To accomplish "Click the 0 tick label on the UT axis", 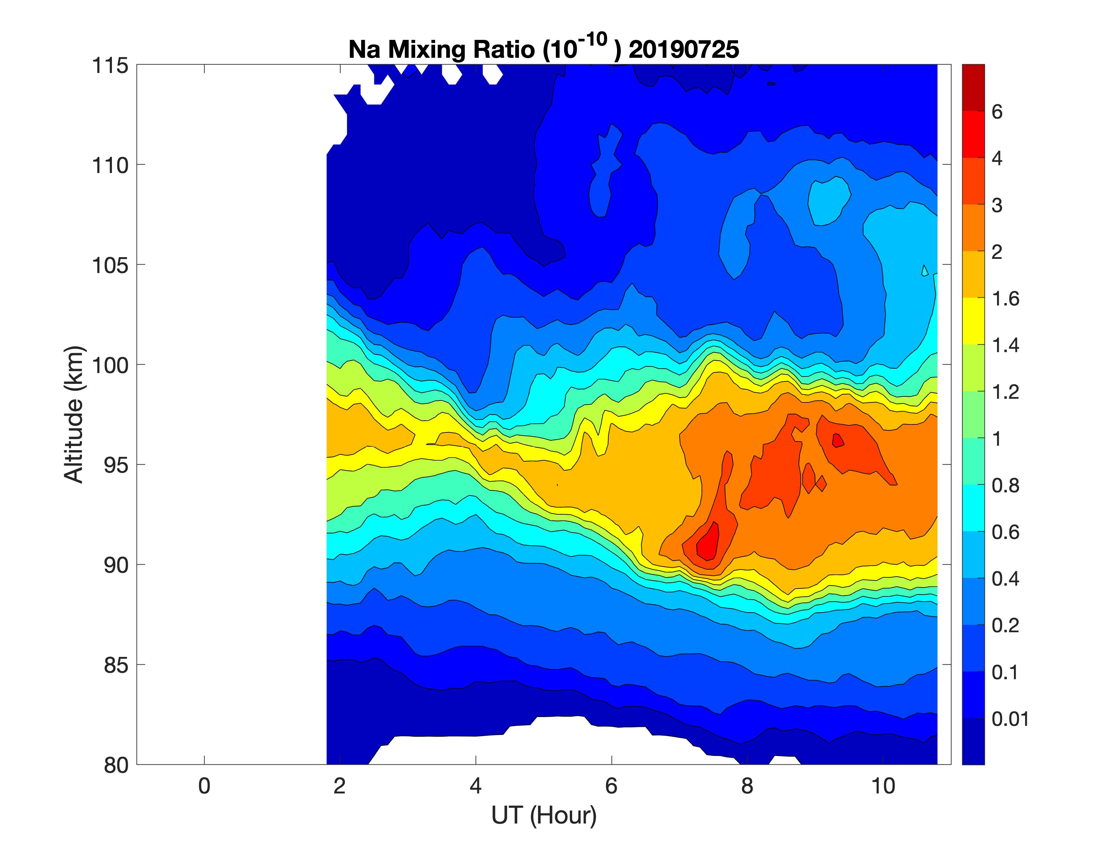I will pyautogui.click(x=204, y=786).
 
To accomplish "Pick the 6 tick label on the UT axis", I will pyautogui.click(x=611, y=786).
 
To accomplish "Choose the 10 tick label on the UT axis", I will pyautogui.click(x=883, y=786).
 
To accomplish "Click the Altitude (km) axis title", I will pyautogui.click(x=74, y=415).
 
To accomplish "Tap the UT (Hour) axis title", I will pyautogui.click(x=544, y=815).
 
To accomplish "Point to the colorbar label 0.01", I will pyautogui.click(x=1010, y=719).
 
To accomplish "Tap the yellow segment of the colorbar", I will pyautogui.click(x=973, y=321).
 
